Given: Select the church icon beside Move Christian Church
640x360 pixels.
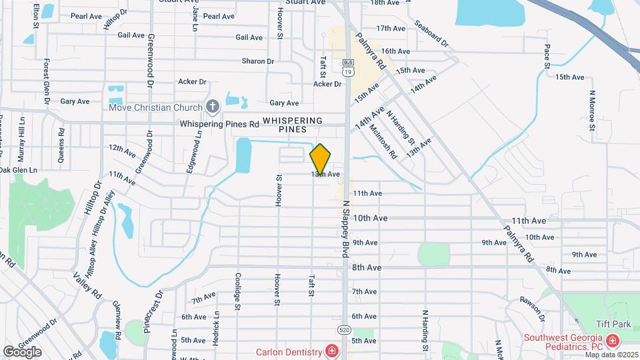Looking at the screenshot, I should pos(213,106).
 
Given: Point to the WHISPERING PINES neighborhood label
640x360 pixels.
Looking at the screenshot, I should pos(293,125).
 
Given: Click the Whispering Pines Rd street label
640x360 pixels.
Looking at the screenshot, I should pos(219,124).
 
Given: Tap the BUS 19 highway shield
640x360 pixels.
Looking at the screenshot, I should pos(347,69).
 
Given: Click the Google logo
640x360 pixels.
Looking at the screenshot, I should pos(22,351).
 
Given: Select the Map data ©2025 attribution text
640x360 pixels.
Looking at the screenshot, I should pos(612,354).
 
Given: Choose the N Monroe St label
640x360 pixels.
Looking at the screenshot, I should pos(592,107).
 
